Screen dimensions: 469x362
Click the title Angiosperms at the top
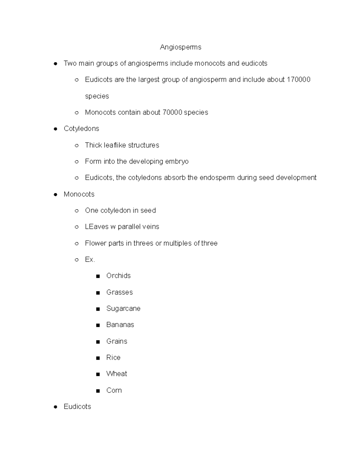[180, 47]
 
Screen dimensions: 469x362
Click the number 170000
[298, 80]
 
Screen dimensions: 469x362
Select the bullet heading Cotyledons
[81, 129]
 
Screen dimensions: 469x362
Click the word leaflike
[115, 145]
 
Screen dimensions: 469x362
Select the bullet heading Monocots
[79, 194]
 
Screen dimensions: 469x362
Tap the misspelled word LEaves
[97, 227]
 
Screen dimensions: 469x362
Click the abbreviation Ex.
[90, 260]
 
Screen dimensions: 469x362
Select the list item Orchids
[118, 276]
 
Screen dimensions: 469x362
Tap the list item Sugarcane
[123, 309]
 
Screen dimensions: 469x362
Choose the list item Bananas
[120, 325]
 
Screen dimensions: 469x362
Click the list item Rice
[113, 358]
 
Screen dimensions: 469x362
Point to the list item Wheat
[116, 374]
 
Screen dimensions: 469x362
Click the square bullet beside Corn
[98, 391]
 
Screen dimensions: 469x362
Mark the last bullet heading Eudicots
[77, 407]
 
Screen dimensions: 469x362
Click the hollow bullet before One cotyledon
[77, 211]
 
